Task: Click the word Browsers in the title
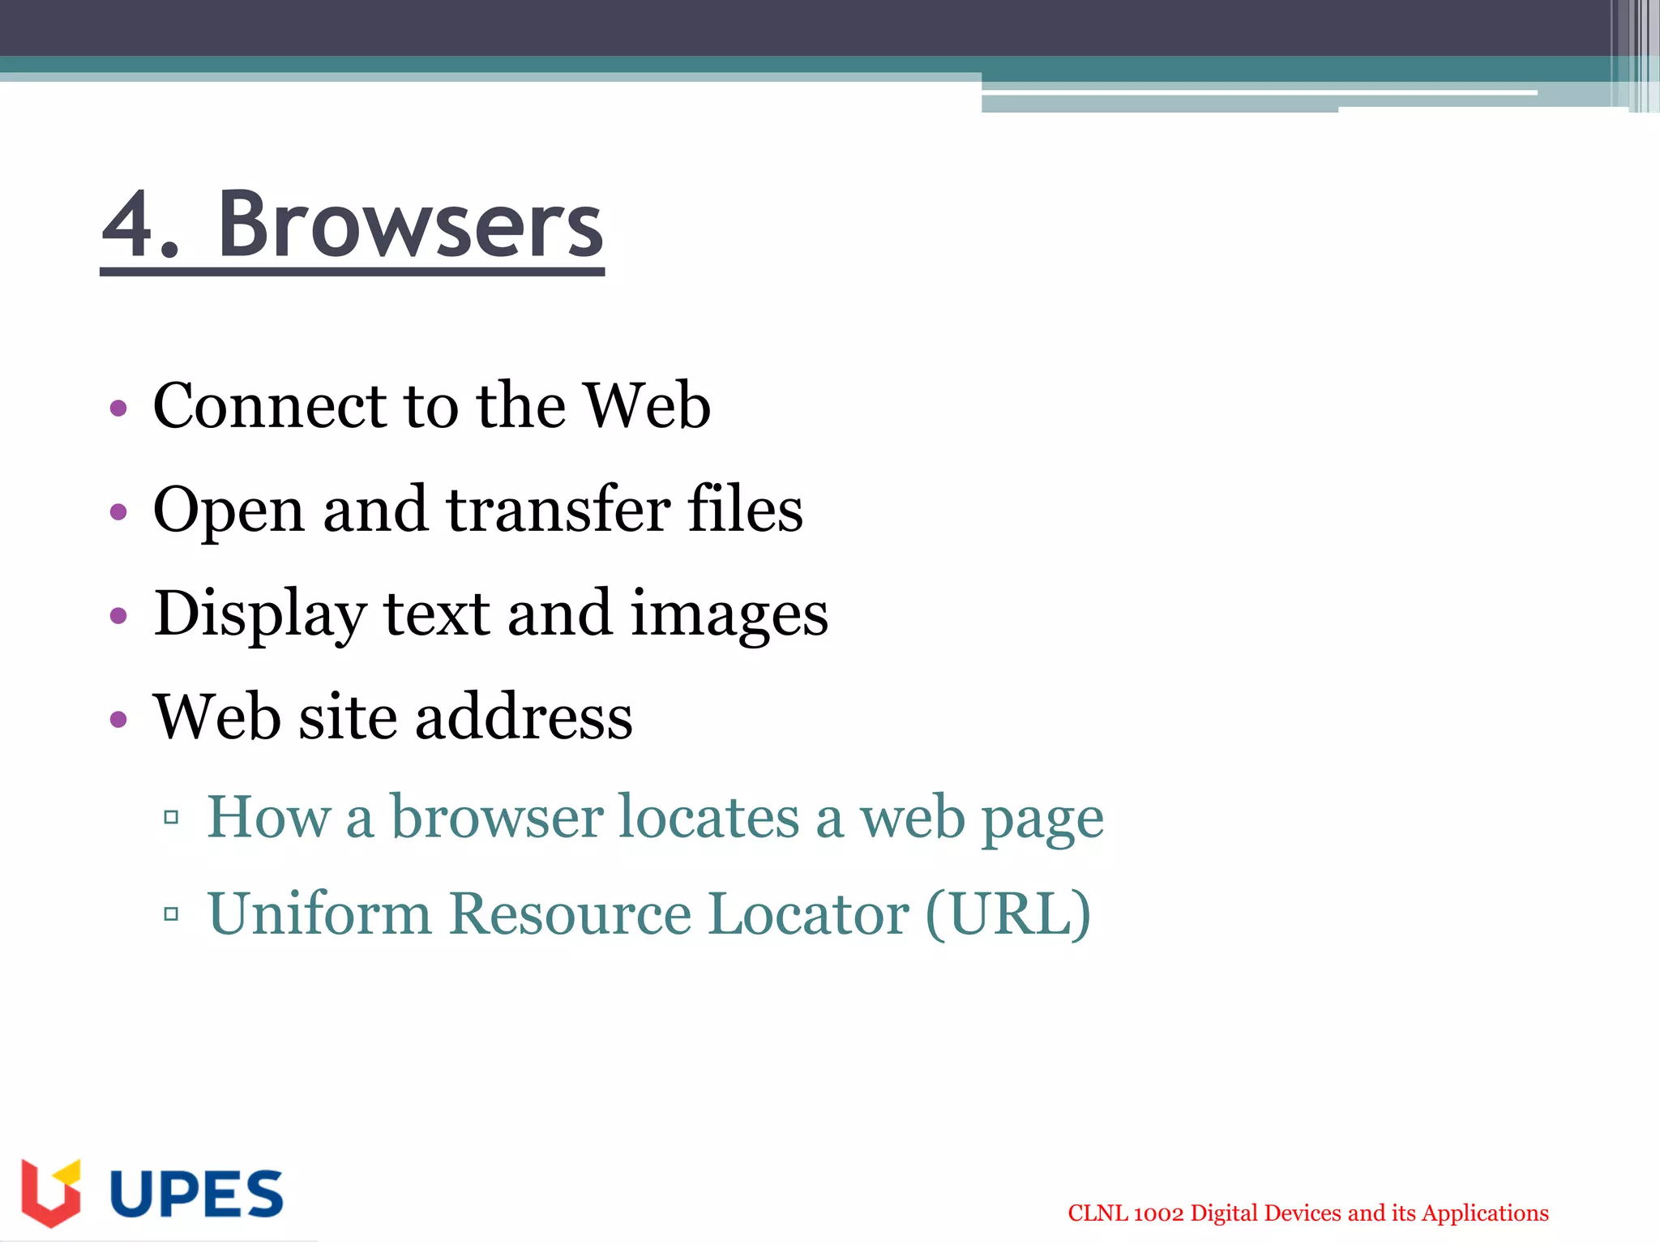pyautogui.click(x=410, y=225)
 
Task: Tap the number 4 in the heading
pyautogui.click(x=130, y=225)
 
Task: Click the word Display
pyautogui.click(x=259, y=614)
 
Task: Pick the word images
pyautogui.click(x=729, y=614)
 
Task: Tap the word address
pyautogui.click(x=524, y=717)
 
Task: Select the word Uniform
pyautogui.click(x=319, y=914)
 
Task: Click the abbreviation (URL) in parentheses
pyautogui.click(x=1008, y=914)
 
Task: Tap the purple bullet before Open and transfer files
pyautogui.click(x=119, y=511)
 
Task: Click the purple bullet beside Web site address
pyautogui.click(x=119, y=719)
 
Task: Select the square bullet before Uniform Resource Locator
pyautogui.click(x=171, y=915)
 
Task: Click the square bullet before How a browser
pyautogui.click(x=171, y=817)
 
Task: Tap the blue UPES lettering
pyautogui.click(x=196, y=1194)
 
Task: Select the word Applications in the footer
pyautogui.click(x=1485, y=1213)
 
